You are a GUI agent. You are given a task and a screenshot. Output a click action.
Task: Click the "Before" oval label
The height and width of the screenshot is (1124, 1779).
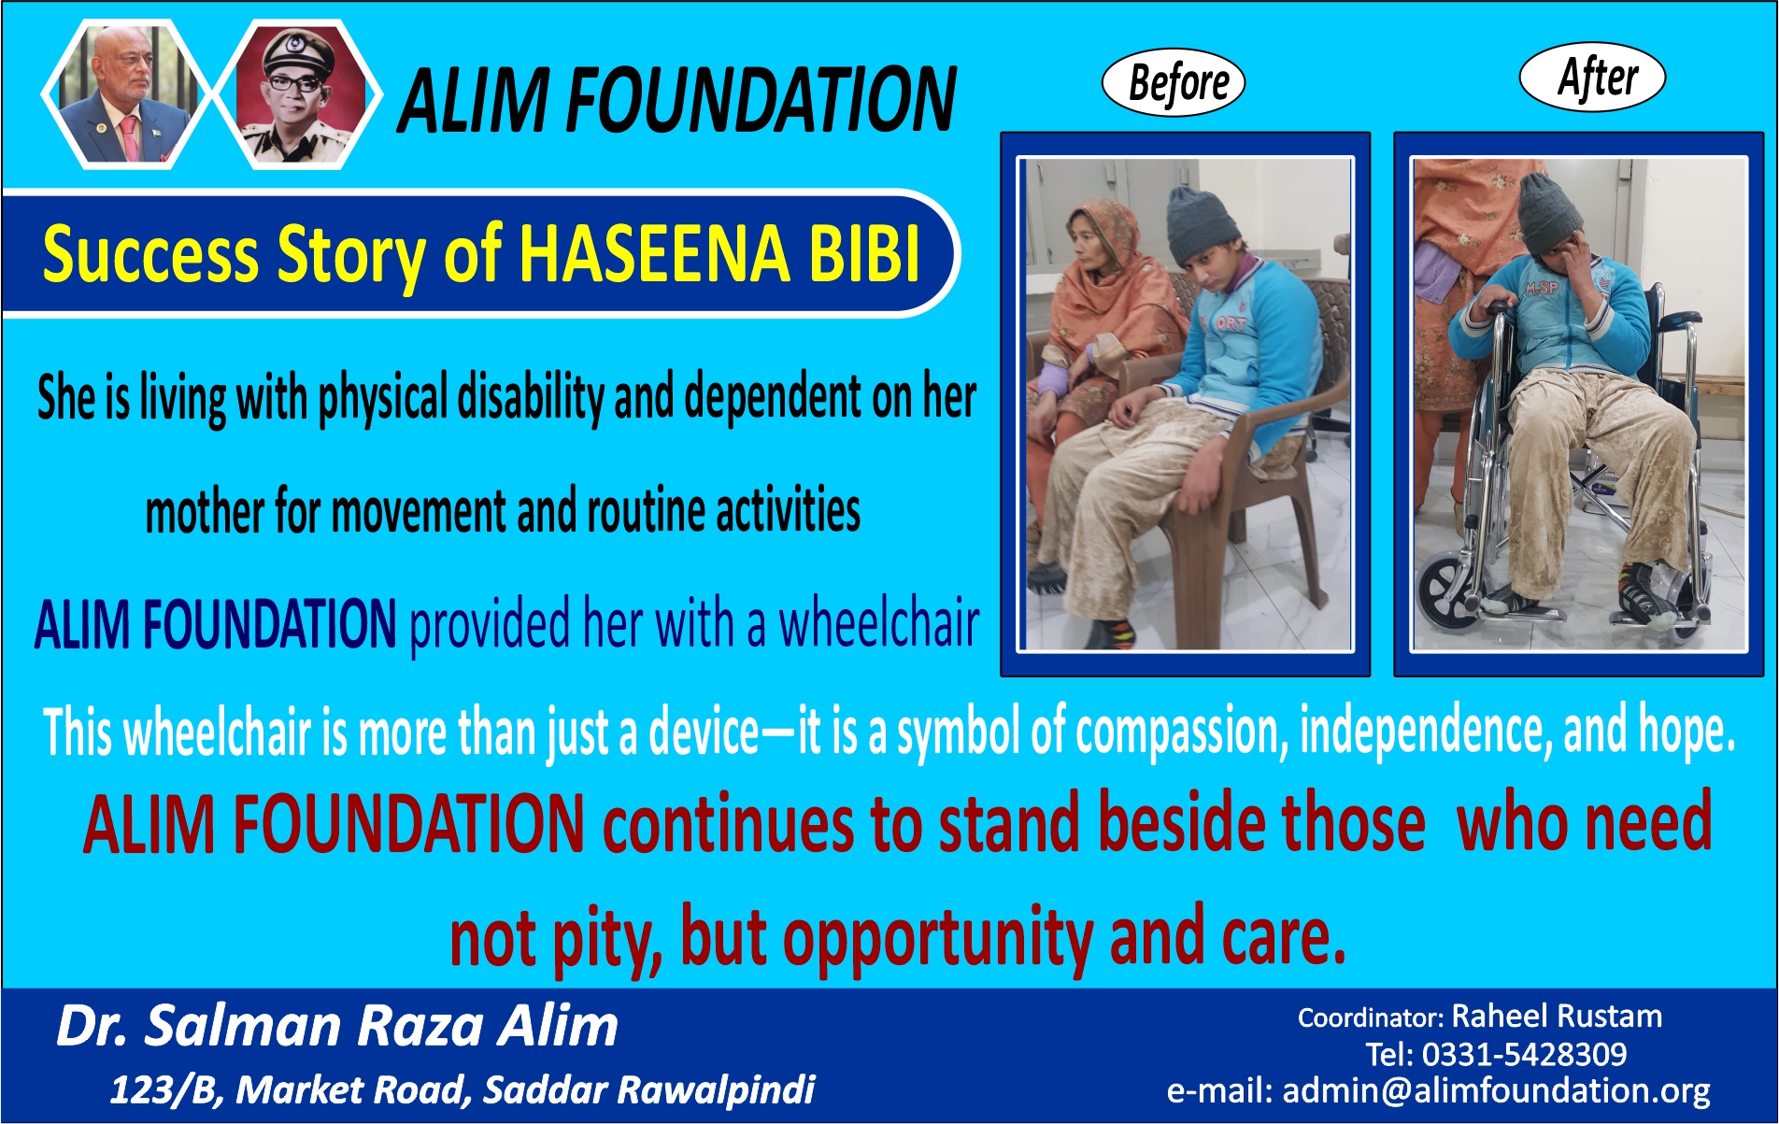pos(1174,82)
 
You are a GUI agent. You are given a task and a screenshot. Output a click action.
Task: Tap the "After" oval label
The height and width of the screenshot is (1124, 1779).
pos(1593,77)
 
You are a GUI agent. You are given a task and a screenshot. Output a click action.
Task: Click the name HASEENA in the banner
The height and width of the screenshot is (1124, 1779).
pos(654,254)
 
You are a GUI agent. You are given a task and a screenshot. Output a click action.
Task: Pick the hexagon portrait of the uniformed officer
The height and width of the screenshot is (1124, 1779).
pos(298,93)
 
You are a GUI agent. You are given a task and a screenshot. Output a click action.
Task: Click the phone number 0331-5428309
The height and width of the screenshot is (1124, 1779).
pos(1524,1054)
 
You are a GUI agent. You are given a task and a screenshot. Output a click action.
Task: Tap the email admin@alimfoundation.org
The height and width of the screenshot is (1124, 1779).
pos(1496,1090)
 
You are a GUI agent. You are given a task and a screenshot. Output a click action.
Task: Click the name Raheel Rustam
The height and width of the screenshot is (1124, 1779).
pos(1557,1016)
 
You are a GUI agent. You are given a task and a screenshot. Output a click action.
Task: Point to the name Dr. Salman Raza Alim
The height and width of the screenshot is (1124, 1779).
pos(337,1026)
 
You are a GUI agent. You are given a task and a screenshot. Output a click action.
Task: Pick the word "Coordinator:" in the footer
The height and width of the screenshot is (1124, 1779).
pos(1371,1017)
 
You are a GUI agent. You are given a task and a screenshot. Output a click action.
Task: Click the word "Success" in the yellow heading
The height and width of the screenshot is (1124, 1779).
pos(150,255)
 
